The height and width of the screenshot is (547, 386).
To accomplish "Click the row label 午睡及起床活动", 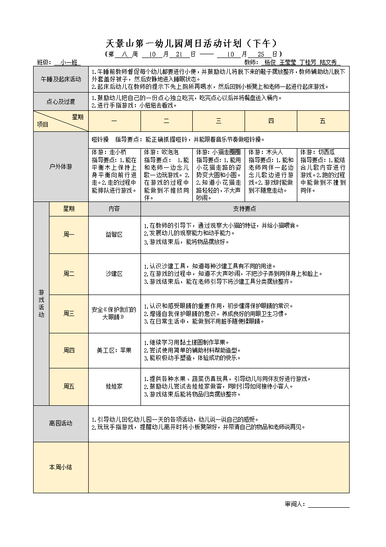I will [61, 79].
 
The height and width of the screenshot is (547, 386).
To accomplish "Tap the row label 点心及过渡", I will [61, 101].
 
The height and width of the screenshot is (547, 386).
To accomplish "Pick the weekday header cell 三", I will [218, 121].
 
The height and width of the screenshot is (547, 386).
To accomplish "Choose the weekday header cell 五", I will [323, 121].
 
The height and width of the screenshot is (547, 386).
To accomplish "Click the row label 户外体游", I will [61, 166].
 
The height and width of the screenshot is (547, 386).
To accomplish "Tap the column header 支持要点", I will [245, 209].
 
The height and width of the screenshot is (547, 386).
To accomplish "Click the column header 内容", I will [114, 209].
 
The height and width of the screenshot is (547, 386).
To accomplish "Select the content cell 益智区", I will [114, 235].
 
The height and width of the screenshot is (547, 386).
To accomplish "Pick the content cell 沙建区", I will [114, 274].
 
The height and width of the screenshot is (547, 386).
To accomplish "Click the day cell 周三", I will [69, 314].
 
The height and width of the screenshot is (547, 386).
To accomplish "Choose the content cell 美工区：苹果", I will [114, 350].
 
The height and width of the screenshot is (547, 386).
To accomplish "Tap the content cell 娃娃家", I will [114, 387].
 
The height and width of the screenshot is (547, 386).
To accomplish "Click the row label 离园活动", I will [61, 424].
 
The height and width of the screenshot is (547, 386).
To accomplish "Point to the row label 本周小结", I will [61, 467].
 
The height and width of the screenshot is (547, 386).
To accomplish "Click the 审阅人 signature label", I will [295, 504].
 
